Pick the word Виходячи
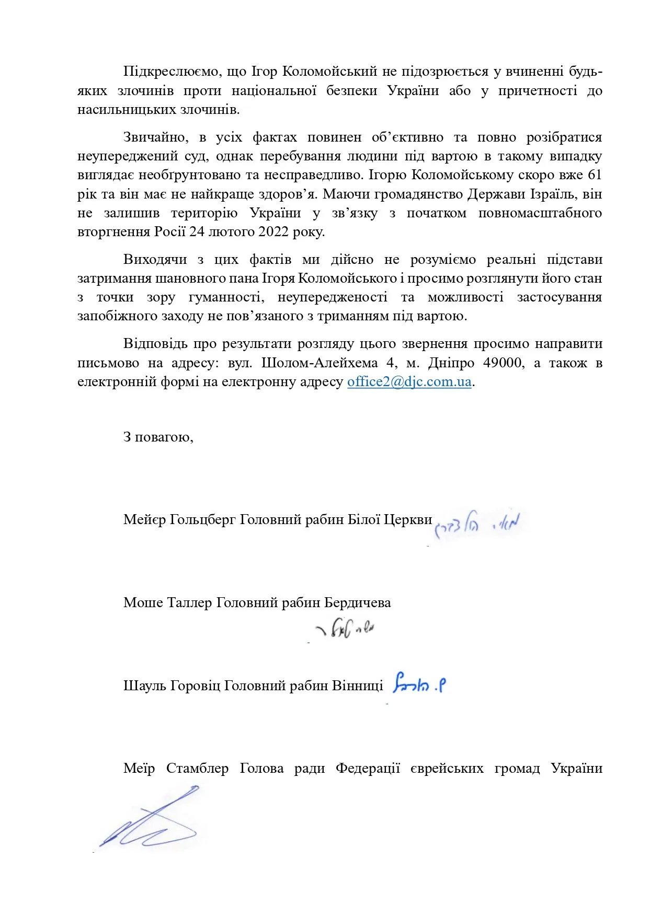coord(155,260)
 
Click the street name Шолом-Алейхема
coord(320,363)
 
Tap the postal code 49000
coord(503,363)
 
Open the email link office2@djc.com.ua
coord(409,381)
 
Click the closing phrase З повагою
coord(158,436)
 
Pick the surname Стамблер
coord(197,769)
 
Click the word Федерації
coord(368,769)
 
